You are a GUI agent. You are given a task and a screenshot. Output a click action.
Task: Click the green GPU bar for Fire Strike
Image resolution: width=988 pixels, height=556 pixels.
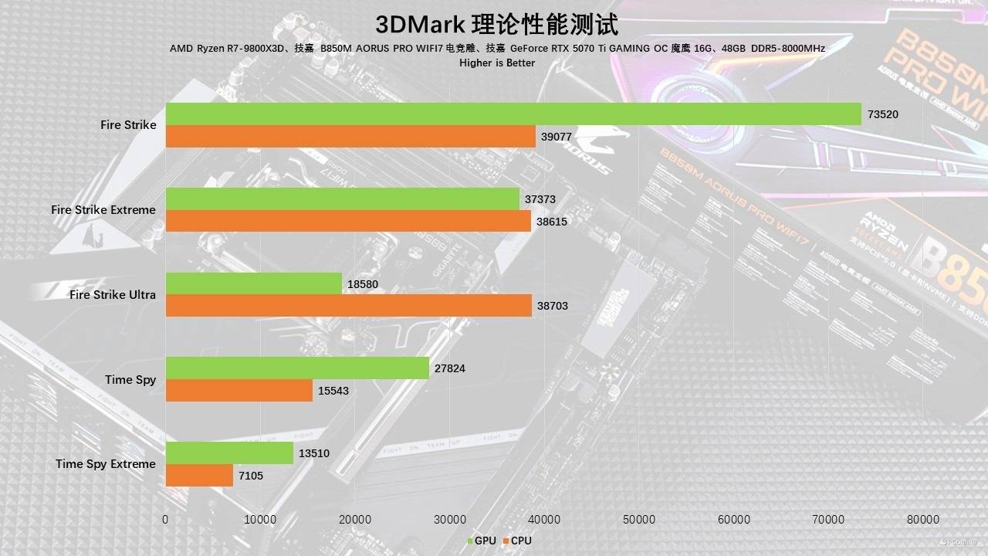pos(513,114)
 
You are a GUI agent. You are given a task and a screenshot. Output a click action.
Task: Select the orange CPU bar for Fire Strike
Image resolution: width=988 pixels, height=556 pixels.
pos(350,137)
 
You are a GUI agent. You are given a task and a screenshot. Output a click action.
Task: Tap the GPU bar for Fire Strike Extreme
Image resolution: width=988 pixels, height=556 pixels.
pos(343,198)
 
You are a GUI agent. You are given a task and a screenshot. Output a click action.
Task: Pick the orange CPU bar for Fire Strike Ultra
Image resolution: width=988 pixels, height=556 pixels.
pos(349,306)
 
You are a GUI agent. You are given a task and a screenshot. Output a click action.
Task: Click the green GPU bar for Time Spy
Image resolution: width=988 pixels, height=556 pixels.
pos(297,368)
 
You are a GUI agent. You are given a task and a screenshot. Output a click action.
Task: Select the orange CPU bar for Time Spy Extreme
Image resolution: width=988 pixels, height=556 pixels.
pos(199,476)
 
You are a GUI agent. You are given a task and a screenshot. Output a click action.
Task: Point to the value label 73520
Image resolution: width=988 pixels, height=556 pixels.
pos(883,114)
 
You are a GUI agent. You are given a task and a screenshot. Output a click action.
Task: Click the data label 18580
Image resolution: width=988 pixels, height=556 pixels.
pos(363,284)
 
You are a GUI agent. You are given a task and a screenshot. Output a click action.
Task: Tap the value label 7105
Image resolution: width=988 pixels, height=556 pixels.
pos(250,476)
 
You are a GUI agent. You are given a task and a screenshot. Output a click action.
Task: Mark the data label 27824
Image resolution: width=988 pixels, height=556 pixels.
pos(450,369)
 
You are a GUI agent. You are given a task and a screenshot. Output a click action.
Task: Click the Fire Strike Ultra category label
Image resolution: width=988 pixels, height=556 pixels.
pos(112,295)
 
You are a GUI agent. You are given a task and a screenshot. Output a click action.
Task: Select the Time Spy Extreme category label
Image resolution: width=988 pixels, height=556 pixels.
pos(105,464)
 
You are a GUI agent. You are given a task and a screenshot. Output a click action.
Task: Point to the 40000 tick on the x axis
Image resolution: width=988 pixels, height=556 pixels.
pos(544,520)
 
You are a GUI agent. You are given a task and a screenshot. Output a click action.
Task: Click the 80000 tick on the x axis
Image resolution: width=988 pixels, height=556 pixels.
pos(923,520)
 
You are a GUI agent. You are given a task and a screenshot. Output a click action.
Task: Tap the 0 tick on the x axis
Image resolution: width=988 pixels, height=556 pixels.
pos(165,520)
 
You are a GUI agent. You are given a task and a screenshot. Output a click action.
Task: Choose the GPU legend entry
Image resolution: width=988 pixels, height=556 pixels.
pos(481,541)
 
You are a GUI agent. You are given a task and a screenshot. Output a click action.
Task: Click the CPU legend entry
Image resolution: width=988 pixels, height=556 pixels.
pos(517,541)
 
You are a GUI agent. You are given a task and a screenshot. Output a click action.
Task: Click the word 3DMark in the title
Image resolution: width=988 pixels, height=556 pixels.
pos(420,25)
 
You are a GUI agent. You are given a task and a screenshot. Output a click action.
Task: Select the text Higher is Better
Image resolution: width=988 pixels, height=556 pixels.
pos(496,63)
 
